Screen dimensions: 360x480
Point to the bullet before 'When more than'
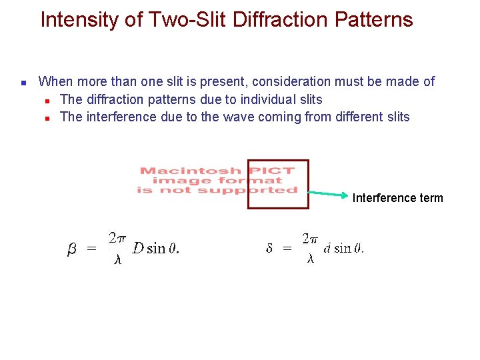pyautogui.click(x=23, y=83)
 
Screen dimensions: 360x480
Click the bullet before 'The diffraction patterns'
pyautogui.click(x=48, y=101)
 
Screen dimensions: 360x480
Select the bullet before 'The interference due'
pyautogui.click(x=48, y=118)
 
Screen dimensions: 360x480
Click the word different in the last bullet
pyautogui.click(x=355, y=117)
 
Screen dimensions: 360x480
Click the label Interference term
pyautogui.click(x=397, y=198)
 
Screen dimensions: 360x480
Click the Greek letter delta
pyautogui.click(x=269, y=249)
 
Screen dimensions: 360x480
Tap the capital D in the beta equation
pyautogui.click(x=137, y=249)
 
